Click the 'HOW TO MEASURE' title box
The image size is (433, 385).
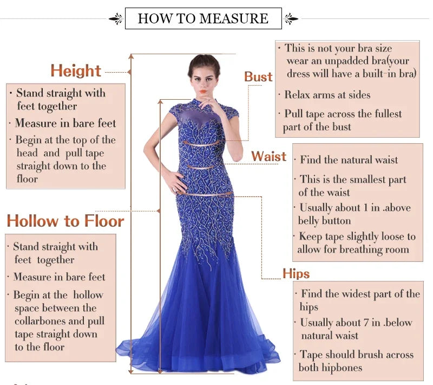203,18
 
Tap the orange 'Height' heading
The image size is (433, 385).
76,71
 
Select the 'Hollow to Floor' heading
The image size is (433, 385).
65,221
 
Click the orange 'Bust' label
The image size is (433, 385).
258,77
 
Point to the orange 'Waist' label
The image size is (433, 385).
268,157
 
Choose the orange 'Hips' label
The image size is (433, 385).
296,273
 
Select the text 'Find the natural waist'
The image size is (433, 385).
349,160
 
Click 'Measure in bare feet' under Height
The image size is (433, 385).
65,123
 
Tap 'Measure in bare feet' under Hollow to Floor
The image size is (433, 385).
59,277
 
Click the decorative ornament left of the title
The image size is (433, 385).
116,19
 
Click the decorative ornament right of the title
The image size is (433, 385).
291,19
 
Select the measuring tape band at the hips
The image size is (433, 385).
206,194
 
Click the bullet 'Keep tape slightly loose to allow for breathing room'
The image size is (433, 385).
356,243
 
